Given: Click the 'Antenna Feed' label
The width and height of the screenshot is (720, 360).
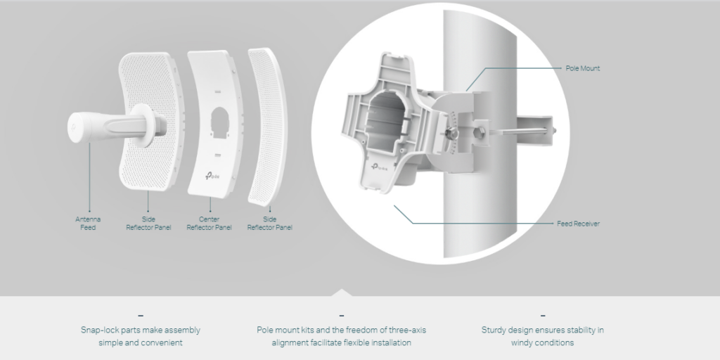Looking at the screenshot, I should coord(88,223).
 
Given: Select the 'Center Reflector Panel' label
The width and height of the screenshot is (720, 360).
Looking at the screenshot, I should coord(209,223).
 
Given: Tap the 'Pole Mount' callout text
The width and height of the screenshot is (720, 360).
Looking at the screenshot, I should coord(582,68).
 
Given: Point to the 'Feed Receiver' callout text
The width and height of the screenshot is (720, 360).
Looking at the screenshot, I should coord(578,224).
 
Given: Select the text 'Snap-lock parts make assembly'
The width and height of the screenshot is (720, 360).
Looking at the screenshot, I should coord(141,329).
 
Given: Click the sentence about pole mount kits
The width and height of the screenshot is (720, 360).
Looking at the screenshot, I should coord(341,335).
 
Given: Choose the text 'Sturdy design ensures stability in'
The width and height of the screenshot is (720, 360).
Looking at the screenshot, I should coord(542,329).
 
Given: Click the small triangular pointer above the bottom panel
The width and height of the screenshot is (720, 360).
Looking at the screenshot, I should coord(342,292).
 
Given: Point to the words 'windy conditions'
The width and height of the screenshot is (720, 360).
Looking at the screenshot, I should coord(542,342).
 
